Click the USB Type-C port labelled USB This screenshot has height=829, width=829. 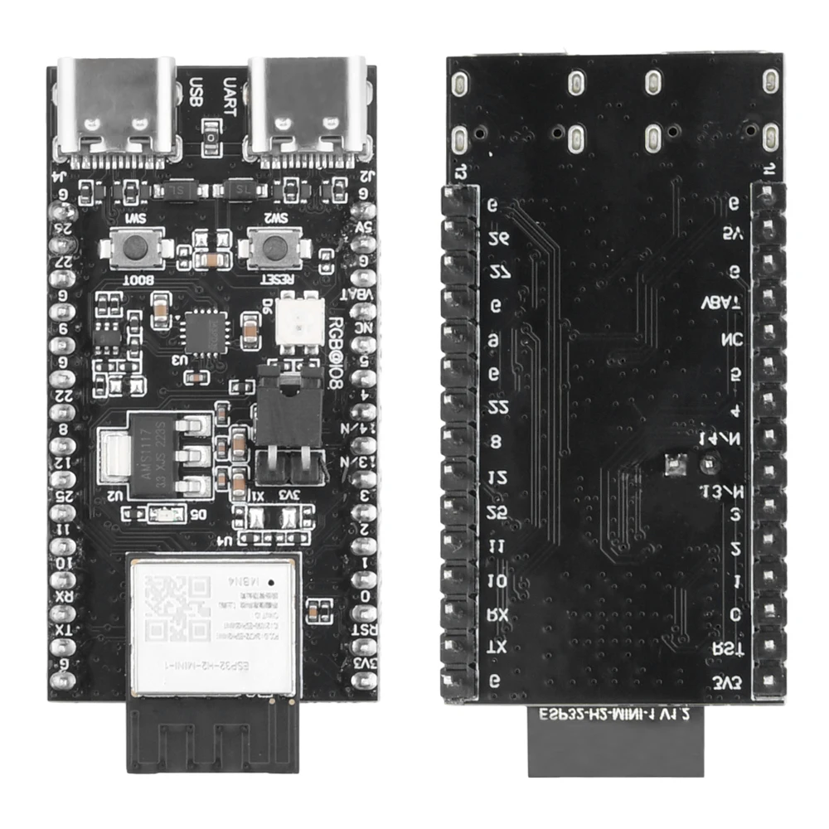116,108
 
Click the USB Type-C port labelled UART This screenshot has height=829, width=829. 309,108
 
